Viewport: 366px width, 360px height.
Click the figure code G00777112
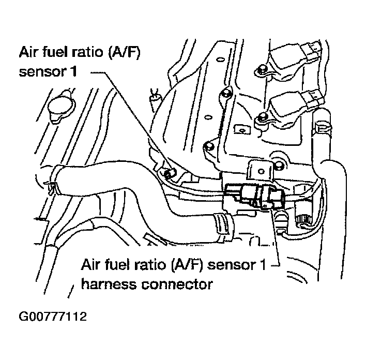click(x=52, y=315)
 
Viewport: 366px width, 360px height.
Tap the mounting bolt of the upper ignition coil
click(x=262, y=70)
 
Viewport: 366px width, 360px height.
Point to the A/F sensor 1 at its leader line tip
click(x=167, y=173)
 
